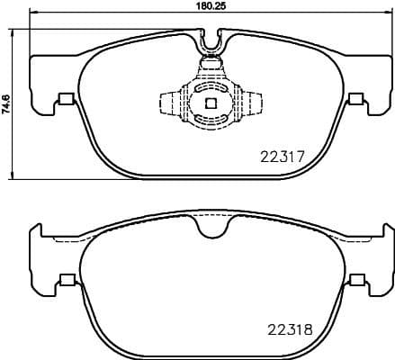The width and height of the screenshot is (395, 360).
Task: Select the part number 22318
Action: pos(289,328)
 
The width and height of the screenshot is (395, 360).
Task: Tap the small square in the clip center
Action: pos(211,103)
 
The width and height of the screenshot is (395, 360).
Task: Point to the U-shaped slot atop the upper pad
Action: pos(212,38)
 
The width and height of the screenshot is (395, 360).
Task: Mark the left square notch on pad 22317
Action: pos(65,100)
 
